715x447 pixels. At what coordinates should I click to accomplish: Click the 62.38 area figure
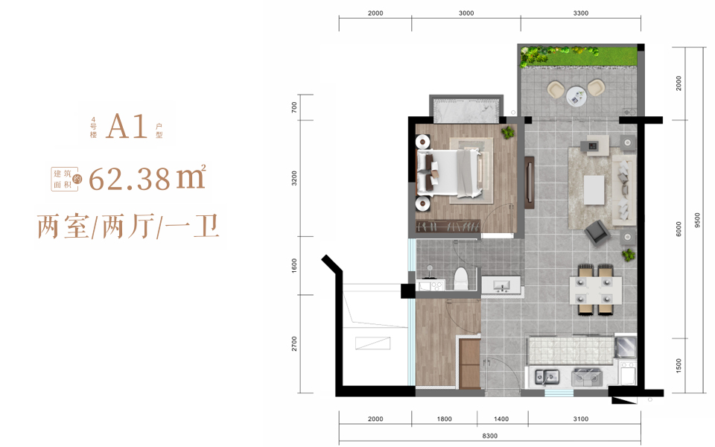pyautogui.click(x=130, y=179)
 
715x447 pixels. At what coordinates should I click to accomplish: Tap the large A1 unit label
pyautogui.click(x=127, y=127)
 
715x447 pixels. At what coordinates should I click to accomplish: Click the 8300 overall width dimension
pyautogui.click(x=489, y=436)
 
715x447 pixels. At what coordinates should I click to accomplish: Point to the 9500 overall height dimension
pyautogui.click(x=697, y=221)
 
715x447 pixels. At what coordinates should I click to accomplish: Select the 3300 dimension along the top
pyautogui.click(x=580, y=13)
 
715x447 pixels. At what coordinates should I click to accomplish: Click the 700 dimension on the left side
pyautogui.click(x=294, y=107)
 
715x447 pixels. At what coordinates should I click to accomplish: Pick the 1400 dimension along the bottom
pyautogui.click(x=500, y=419)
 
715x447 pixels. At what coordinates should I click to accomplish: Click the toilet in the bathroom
pyautogui.click(x=462, y=279)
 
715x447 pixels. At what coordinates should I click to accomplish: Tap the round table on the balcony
pyautogui.click(x=576, y=96)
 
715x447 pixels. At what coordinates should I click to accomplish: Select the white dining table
pyautogui.click(x=596, y=291)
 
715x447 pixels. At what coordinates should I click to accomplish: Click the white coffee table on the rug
pyautogui.click(x=594, y=190)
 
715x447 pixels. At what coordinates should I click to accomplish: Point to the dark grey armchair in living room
pyautogui.click(x=597, y=232)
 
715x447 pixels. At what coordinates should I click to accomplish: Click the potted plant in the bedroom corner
pyautogui.click(x=507, y=133)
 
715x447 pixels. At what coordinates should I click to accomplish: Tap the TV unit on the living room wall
pyautogui.click(x=530, y=183)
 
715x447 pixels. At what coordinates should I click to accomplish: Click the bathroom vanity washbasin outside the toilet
pyautogui.click(x=501, y=285)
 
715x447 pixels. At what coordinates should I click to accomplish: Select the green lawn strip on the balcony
pyautogui.click(x=579, y=57)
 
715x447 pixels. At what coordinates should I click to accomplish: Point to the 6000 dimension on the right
pyautogui.click(x=679, y=229)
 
